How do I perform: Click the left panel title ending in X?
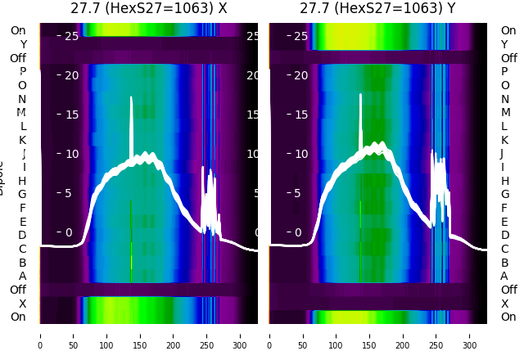pyautogui.click(x=148, y=9)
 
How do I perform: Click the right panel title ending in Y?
pyautogui.click(x=377, y=9)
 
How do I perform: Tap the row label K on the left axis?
pyautogui.click(x=22, y=140)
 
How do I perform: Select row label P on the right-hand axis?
pyautogui.click(x=504, y=72)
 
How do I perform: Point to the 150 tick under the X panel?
pyautogui.click(x=140, y=335)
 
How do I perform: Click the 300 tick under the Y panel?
pyautogui.click(x=470, y=335)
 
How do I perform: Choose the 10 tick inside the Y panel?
pyautogui.click(x=300, y=154)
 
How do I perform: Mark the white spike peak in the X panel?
pyautogui.click(x=131, y=97)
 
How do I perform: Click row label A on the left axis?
pyautogui.click(x=22, y=276)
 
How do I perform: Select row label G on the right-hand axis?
pyautogui.click(x=504, y=195)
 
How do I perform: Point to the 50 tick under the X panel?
pyautogui.click(x=73, y=335)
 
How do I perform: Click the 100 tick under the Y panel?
pyautogui.click(x=337, y=335)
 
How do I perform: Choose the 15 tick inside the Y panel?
pyautogui.click(x=300, y=115)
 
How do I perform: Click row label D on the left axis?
pyautogui.click(x=22, y=235)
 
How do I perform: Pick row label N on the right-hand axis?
pyautogui.click(x=504, y=99)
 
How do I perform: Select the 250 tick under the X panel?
pyautogui.click(x=207, y=335)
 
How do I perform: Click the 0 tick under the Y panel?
pyautogui.click(x=270, y=335)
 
